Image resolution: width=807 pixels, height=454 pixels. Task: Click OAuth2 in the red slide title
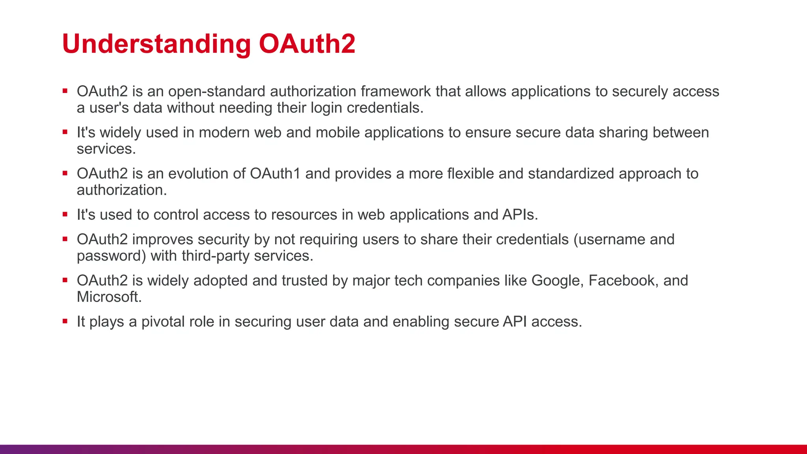[x=307, y=44]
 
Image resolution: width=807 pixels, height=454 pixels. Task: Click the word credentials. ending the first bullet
[x=385, y=108]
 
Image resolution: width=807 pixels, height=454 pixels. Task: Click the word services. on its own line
[x=106, y=149]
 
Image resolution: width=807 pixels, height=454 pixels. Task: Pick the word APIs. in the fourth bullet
[x=520, y=215]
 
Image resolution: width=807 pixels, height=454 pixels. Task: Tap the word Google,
[x=557, y=281]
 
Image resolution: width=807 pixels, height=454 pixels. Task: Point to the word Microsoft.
[x=109, y=297]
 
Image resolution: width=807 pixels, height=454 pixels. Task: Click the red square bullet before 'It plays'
[x=65, y=322]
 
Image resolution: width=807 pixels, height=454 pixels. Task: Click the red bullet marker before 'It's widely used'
[x=65, y=132]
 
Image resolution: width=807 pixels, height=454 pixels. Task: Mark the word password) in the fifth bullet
[x=111, y=256]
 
